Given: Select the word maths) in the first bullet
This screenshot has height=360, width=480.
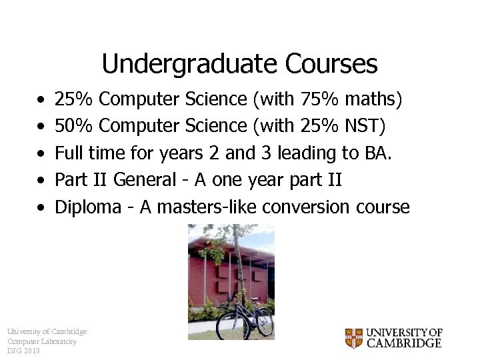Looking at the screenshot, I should click(x=373, y=99).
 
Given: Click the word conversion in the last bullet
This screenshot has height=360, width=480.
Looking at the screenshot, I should click(x=308, y=207).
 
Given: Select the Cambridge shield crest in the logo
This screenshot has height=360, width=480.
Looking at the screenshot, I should click(x=353, y=338).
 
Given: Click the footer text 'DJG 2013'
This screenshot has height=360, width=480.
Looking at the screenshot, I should click(x=23, y=351).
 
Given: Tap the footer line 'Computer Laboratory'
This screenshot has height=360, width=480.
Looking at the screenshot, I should click(x=41, y=341).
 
